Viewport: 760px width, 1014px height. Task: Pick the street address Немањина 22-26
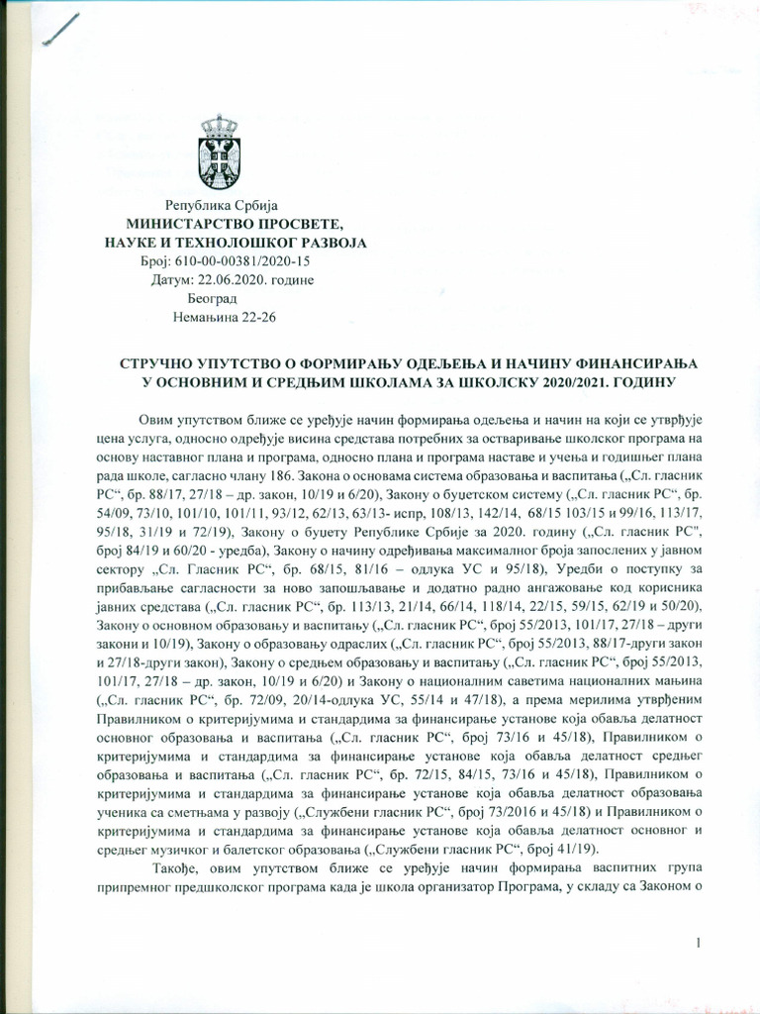tap(224, 319)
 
